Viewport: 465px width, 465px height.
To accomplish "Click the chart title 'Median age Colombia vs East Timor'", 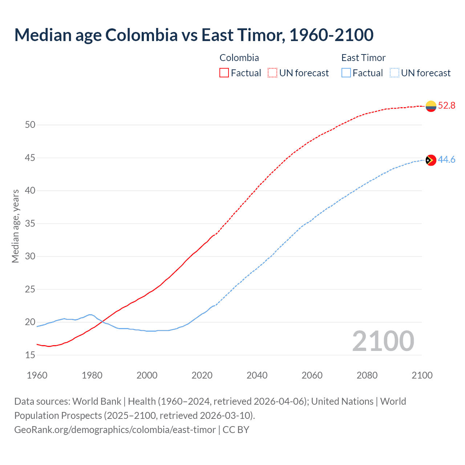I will point(194,35).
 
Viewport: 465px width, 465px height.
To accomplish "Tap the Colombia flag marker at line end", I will point(431,106).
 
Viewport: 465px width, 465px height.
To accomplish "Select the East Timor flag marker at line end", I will point(431,160).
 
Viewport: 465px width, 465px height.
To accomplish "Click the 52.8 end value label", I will point(446,106).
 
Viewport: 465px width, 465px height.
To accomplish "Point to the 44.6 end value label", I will point(446,160).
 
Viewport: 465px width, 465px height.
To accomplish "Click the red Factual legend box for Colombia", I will point(224,73).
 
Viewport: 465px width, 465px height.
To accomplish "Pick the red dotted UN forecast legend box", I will point(272,73).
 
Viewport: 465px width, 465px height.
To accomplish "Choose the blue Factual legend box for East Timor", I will point(346,73).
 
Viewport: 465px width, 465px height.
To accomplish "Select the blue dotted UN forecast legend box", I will point(395,73).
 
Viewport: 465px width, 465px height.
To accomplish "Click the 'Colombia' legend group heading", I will point(239,58).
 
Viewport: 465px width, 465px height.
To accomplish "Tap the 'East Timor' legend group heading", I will point(363,58).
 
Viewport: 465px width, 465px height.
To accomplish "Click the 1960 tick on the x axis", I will point(37,375).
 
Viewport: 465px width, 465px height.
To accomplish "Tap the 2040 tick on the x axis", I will point(257,375).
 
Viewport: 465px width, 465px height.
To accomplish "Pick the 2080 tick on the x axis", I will point(367,375).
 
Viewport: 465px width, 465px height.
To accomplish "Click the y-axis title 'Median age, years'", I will point(15,226).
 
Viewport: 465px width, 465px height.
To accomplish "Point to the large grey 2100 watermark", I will point(383,341).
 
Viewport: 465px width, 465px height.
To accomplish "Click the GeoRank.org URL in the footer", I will point(115,430).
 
